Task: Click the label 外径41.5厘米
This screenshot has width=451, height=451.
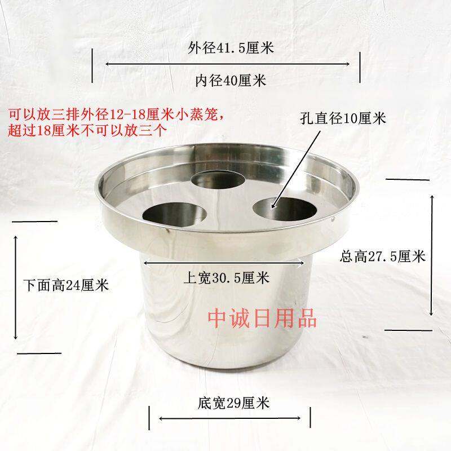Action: [231, 47]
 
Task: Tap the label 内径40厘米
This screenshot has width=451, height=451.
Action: [231, 80]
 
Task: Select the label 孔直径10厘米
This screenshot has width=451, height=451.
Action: [343, 118]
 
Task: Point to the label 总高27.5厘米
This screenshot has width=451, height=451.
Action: [383, 256]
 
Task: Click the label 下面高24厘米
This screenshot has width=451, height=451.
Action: [66, 285]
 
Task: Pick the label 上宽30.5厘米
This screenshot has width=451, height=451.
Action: [227, 278]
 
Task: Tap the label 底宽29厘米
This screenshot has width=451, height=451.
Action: [233, 403]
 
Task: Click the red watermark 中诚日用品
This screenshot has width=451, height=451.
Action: [262, 318]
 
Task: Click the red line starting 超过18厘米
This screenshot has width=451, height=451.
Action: [87, 130]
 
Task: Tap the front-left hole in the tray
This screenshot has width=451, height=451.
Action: [175, 214]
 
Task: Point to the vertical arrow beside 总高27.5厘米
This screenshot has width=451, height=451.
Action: [431, 255]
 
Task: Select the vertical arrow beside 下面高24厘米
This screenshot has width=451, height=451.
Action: [16, 287]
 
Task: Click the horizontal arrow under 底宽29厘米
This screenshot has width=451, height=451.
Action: [229, 418]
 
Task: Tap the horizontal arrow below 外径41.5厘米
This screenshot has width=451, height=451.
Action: [228, 64]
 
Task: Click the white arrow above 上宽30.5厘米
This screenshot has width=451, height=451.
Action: [224, 263]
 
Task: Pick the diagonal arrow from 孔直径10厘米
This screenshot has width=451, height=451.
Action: [295, 170]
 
